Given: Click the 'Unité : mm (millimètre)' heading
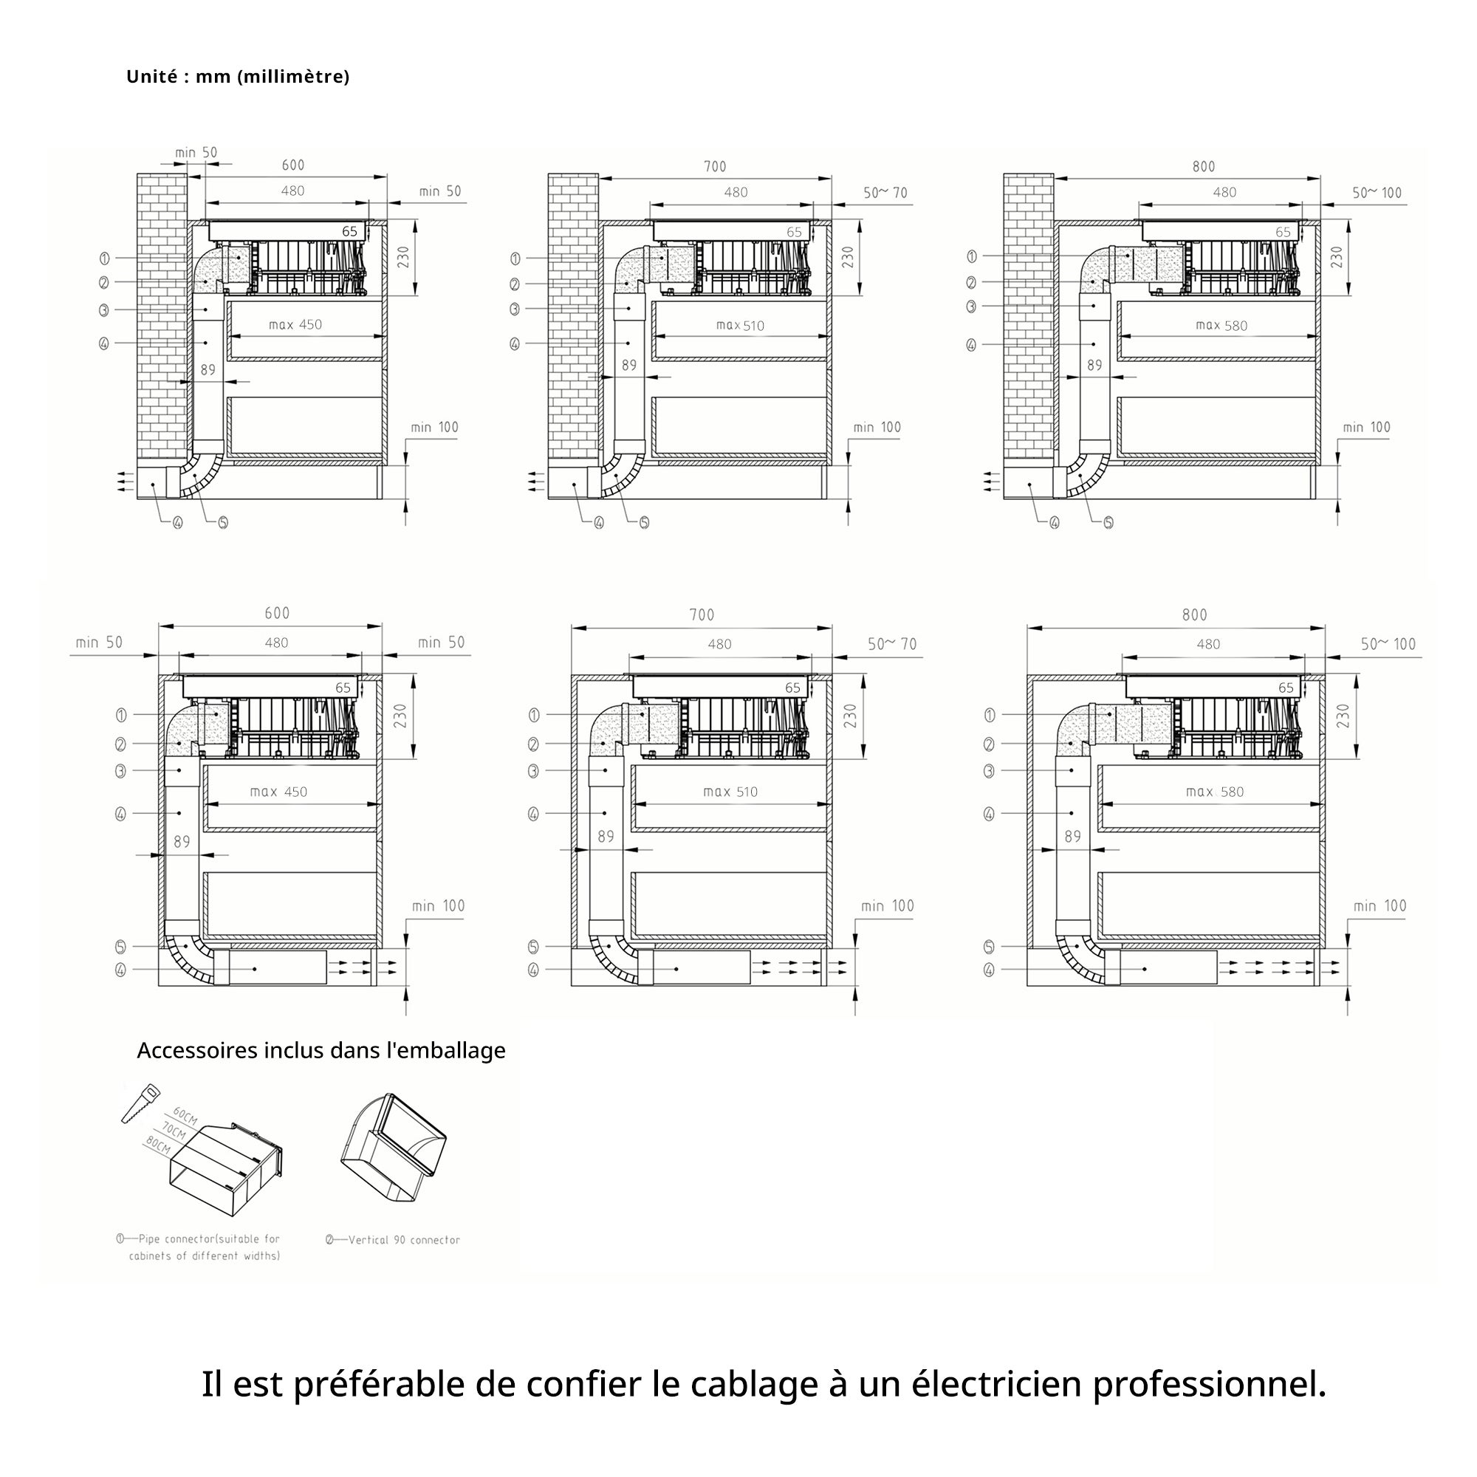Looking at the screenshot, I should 238,77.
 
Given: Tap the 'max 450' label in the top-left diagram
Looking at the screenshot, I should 295,325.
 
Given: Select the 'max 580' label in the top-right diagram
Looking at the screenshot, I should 1221,326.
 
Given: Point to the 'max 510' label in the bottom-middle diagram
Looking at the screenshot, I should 730,792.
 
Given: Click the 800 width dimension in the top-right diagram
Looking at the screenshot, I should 1203,167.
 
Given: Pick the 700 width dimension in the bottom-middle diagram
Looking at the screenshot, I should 702,615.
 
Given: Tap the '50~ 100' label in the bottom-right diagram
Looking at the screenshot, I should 1388,645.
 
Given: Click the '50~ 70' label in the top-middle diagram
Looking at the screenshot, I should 885,193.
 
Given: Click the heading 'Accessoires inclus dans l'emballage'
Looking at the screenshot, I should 321,1050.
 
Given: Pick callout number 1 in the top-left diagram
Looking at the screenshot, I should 105,258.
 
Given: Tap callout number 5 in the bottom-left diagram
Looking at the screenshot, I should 121,947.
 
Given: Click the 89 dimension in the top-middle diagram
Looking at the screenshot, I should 629,366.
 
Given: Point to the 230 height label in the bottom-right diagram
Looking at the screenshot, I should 1343,716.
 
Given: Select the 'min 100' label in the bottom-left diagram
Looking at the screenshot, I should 438,906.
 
